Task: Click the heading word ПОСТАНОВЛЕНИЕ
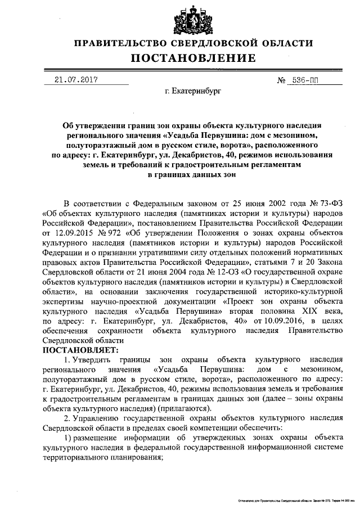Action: (x=193, y=58)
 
